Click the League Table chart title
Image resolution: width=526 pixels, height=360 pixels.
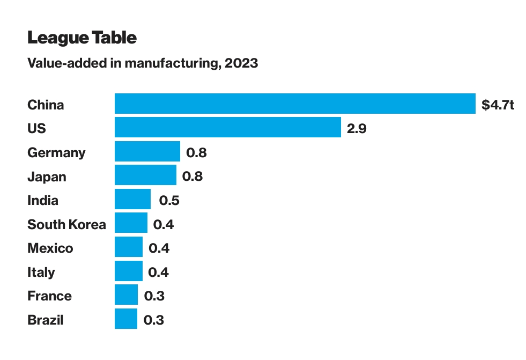tap(82, 38)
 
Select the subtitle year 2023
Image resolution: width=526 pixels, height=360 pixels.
tap(241, 64)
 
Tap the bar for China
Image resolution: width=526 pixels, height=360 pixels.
tap(295, 104)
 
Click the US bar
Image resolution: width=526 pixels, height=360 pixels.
tap(228, 128)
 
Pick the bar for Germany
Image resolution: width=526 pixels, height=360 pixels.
tap(147, 152)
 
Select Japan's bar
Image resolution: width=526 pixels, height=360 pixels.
tap(145, 175)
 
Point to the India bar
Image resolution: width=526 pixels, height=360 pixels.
tap(132, 200)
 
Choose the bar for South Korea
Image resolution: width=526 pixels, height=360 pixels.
tap(131, 223)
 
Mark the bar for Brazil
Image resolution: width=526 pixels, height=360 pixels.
tap(126, 319)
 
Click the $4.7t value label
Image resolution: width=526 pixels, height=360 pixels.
tap(498, 105)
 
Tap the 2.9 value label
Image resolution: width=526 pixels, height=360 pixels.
tap(357, 129)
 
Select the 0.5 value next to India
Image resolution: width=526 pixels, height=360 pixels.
tap(169, 201)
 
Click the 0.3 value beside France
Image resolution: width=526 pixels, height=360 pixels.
tap(154, 296)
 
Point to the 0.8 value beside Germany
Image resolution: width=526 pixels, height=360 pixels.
tap(196, 153)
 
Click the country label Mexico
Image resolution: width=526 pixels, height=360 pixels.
tap(50, 248)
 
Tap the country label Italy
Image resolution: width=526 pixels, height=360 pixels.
tap(41, 272)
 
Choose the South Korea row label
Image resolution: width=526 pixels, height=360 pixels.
tap(66, 224)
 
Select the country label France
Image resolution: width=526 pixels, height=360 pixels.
tap(49, 296)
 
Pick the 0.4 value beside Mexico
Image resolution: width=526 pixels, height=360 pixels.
tap(159, 248)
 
